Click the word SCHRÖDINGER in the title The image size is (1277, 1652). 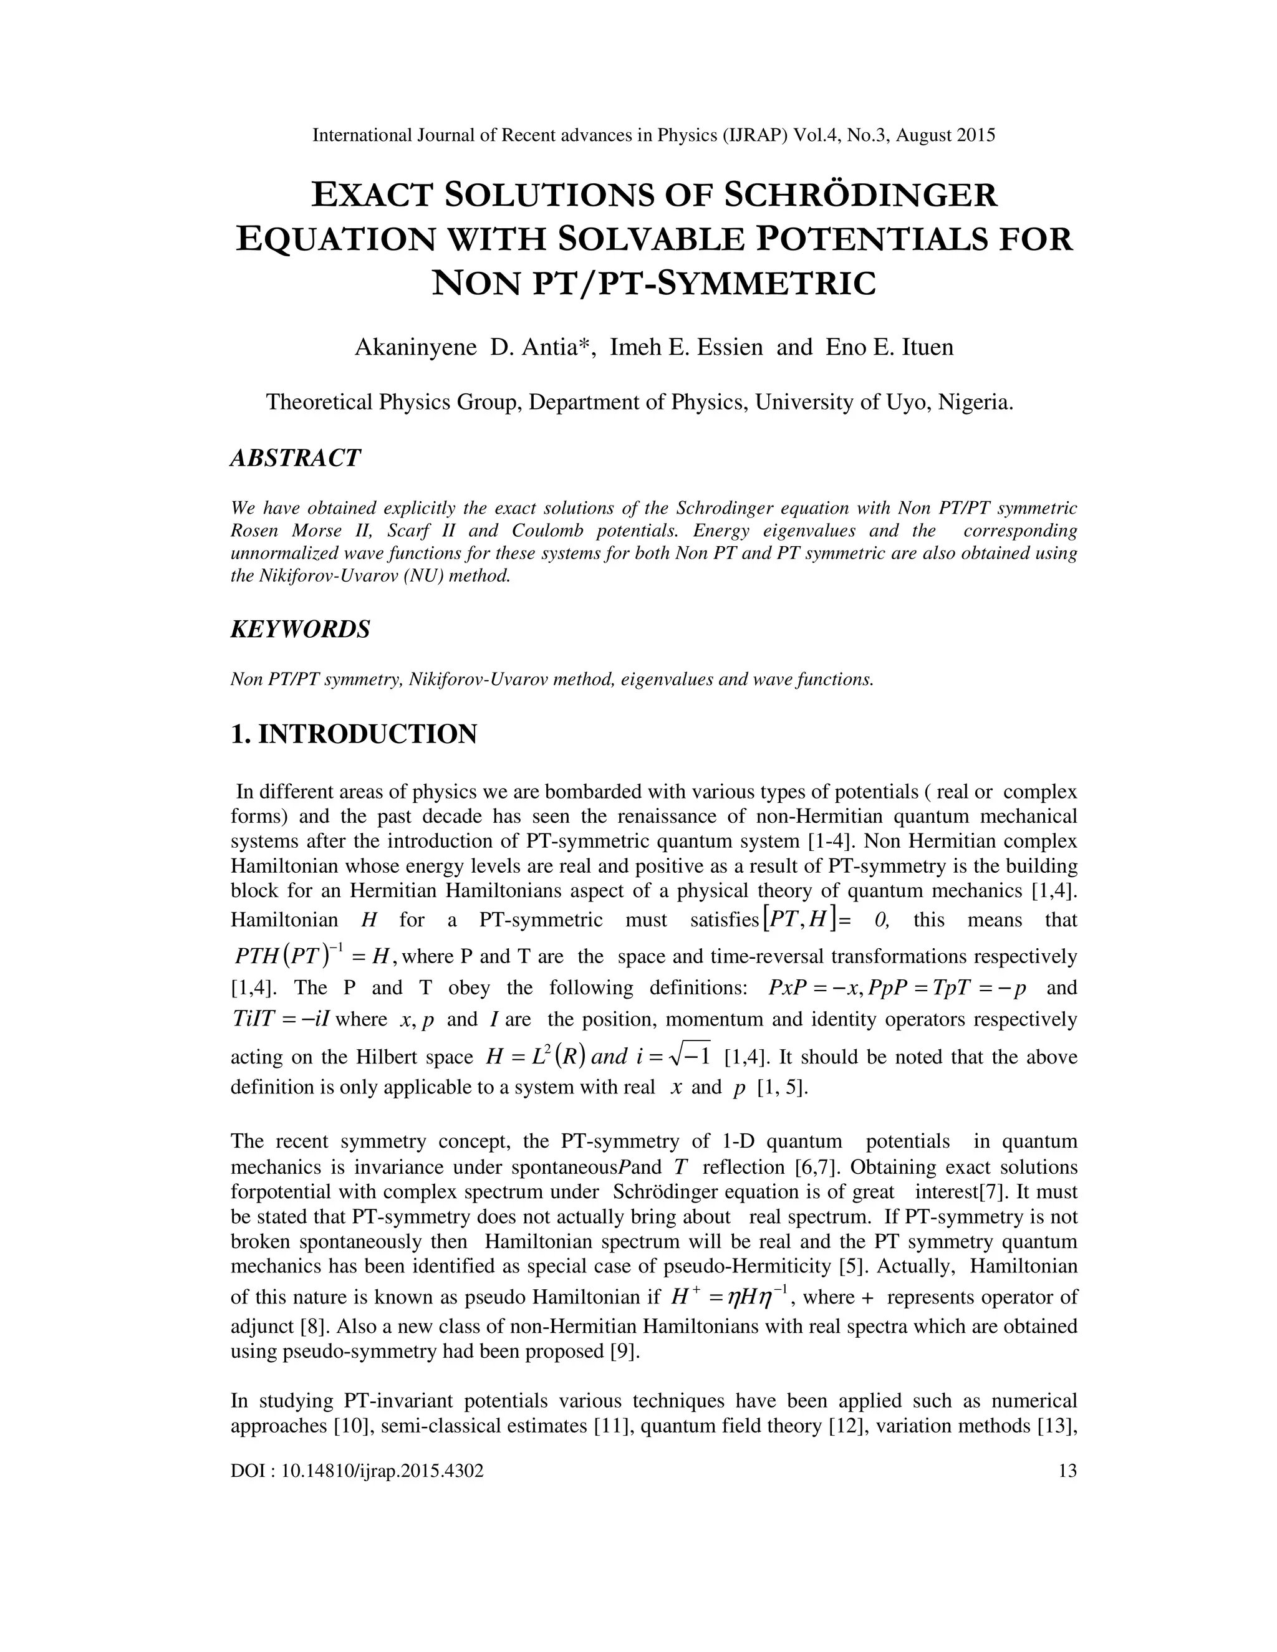[x=861, y=195]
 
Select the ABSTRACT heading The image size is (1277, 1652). [x=295, y=458]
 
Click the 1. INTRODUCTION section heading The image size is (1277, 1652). [x=354, y=734]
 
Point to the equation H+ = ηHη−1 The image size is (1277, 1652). [x=730, y=1297]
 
